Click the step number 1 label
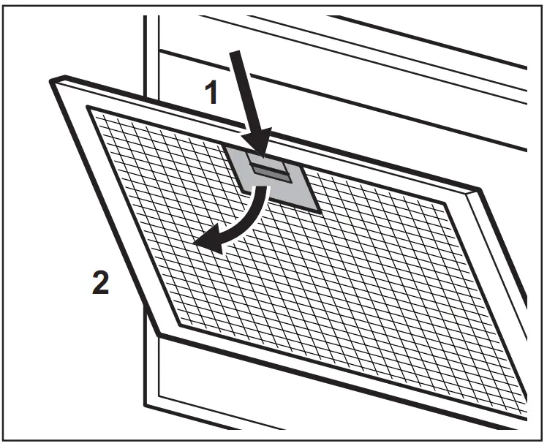point(211,94)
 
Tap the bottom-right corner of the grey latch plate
point(319,211)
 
